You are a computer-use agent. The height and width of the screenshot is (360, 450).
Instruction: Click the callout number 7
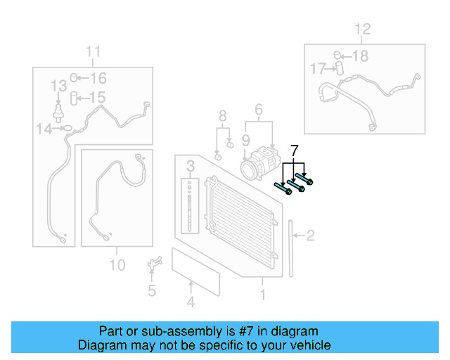[295, 150]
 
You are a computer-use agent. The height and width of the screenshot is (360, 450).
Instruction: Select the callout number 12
[361, 30]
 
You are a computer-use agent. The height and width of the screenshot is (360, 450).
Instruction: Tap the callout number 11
[94, 51]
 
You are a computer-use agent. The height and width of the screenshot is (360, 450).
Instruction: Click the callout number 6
[258, 109]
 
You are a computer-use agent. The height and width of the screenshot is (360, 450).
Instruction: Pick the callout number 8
[222, 115]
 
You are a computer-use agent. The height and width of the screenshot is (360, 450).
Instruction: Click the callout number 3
[190, 167]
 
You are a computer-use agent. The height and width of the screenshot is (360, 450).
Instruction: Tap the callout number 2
[310, 236]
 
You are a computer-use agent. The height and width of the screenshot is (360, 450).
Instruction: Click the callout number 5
[151, 290]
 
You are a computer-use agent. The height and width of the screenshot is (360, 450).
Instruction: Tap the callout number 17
[317, 68]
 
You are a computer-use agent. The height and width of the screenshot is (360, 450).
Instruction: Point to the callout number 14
[44, 129]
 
